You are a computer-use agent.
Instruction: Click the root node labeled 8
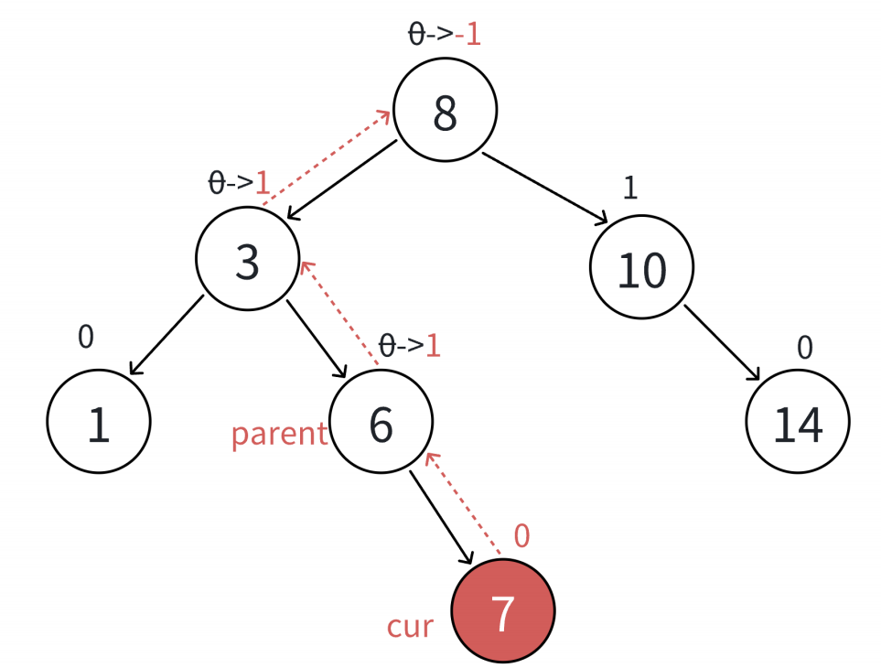point(446,110)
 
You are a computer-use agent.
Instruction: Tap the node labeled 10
point(641,268)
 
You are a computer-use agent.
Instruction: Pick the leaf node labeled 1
point(98,422)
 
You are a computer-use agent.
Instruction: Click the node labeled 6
point(381,422)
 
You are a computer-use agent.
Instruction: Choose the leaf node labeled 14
point(798,422)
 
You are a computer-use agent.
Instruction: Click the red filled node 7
point(503,611)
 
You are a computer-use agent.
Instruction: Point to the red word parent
point(279,434)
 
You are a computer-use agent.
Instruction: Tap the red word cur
point(410,627)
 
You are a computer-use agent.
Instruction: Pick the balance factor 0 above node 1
point(85,337)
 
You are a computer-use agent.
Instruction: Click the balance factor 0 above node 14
point(805,347)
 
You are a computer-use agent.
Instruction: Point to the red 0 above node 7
point(521,536)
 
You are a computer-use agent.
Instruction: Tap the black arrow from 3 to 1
point(167,335)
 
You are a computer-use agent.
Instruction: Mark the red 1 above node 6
point(433,346)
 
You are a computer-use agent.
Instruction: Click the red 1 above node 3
point(263,183)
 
